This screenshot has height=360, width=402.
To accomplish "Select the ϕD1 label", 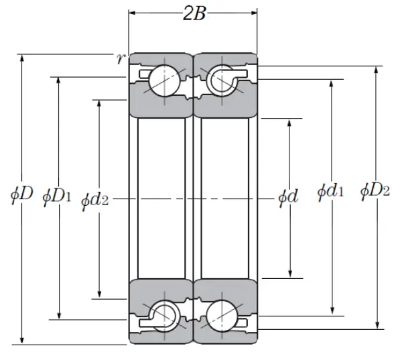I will (57, 196).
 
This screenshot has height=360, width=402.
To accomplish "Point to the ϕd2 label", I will (96, 199).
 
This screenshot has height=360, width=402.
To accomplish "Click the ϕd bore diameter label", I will (289, 196).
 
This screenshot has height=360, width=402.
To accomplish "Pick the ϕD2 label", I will (375, 191).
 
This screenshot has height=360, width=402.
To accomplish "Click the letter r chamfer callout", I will (120, 59).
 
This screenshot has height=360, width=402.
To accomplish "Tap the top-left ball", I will (162, 81).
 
